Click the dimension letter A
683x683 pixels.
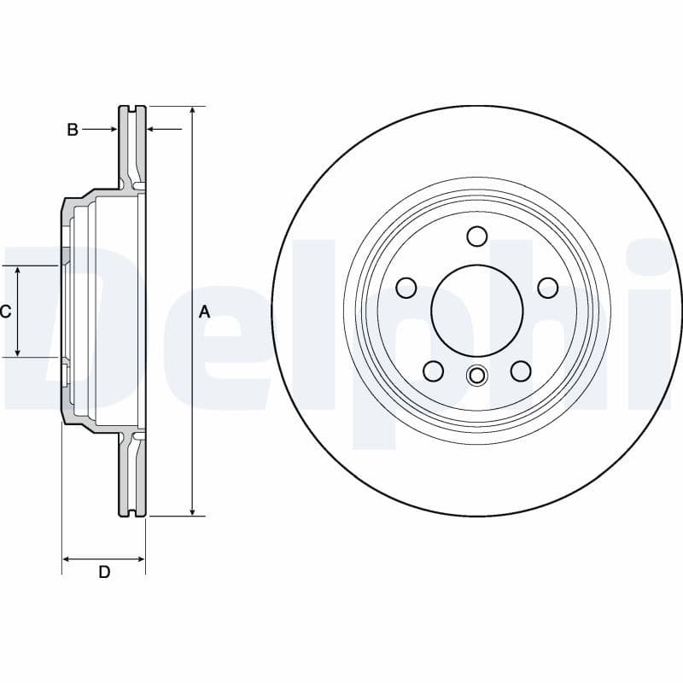[204, 312]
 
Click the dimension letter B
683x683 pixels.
[73, 130]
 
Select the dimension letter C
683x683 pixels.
[5, 312]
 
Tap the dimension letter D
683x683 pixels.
[104, 572]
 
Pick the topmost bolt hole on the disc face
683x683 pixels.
[477, 236]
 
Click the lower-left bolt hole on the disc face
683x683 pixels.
[434, 371]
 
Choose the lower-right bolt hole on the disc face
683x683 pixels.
[520, 371]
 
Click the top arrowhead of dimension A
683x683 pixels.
[194, 112]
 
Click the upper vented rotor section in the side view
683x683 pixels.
[131, 145]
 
